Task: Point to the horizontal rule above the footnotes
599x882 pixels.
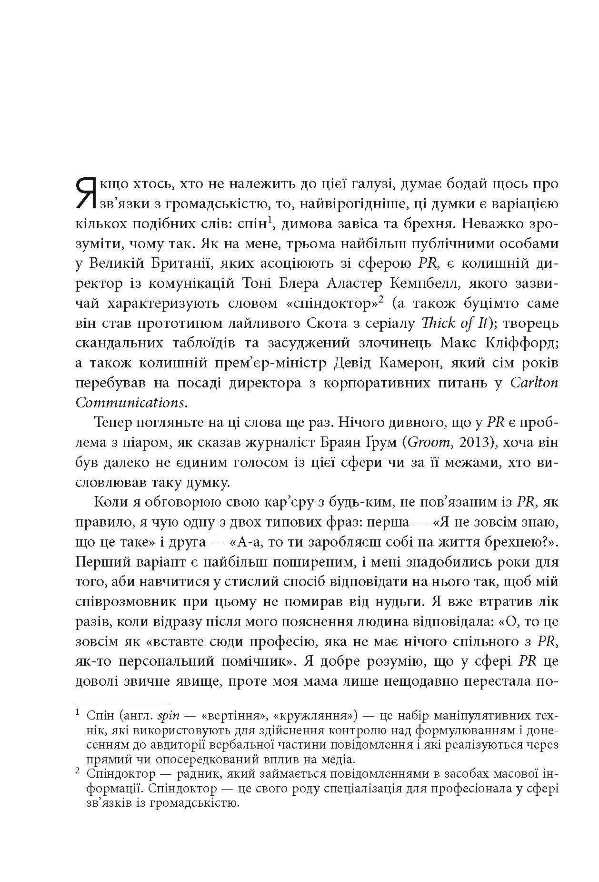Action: pyautogui.click(x=123, y=704)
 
